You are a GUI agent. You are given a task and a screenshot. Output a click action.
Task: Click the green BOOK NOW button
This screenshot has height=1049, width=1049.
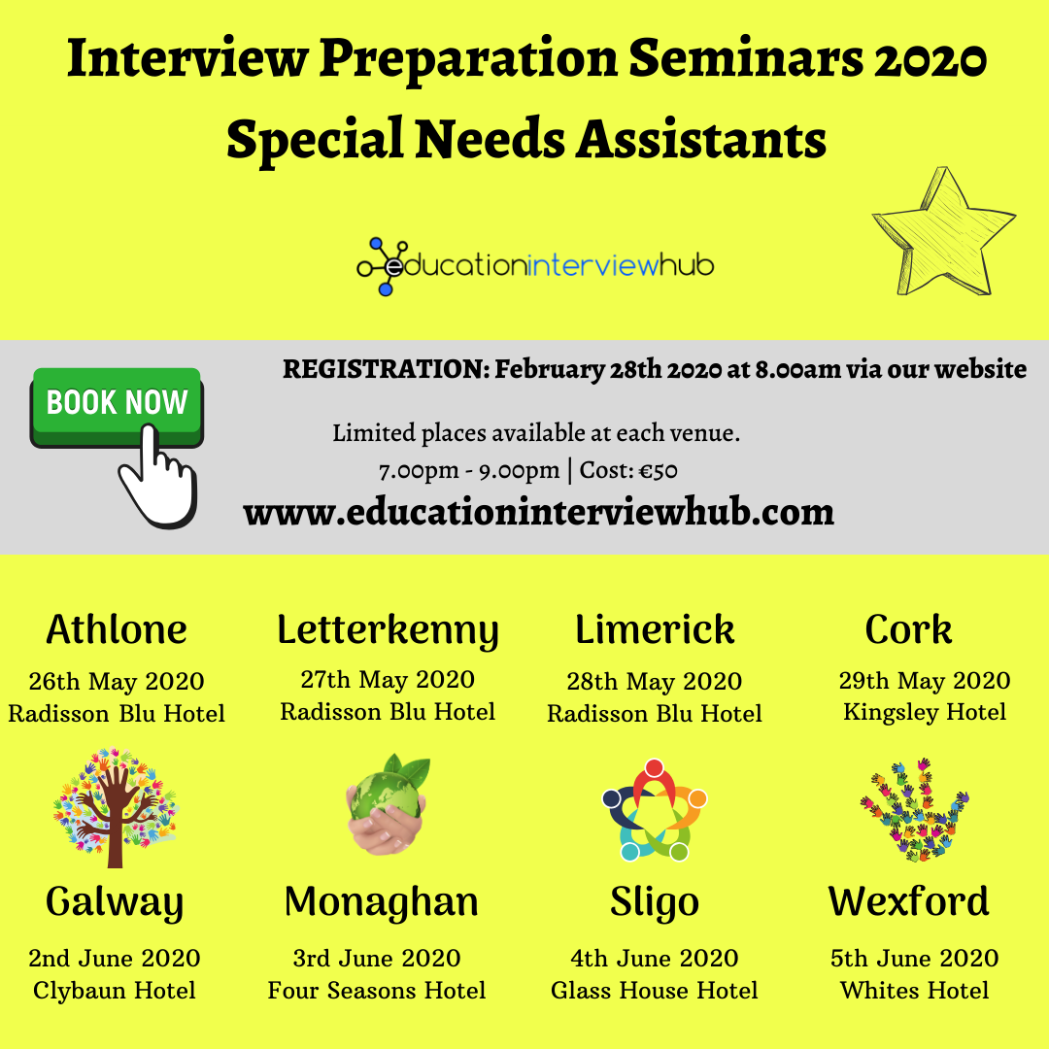pyautogui.click(x=117, y=401)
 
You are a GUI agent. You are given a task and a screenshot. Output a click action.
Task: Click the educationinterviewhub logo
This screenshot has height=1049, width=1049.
pyautogui.click(x=535, y=264)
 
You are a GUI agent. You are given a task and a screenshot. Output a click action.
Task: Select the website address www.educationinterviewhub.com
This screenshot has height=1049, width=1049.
pyautogui.click(x=538, y=511)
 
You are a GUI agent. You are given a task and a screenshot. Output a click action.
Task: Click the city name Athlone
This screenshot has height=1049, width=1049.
pyautogui.click(x=117, y=629)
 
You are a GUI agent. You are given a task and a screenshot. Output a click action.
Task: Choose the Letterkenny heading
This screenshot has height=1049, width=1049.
pyautogui.click(x=388, y=629)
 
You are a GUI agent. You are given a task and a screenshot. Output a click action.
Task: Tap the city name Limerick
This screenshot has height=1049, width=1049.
pyautogui.click(x=655, y=629)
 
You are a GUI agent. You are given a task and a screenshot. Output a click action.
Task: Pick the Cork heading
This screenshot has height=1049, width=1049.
pyautogui.click(x=909, y=629)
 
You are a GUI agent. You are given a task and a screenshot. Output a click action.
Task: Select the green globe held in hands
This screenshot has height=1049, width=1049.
pyautogui.click(x=388, y=803)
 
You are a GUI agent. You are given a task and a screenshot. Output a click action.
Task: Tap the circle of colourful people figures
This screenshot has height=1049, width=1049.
pyautogui.click(x=655, y=810)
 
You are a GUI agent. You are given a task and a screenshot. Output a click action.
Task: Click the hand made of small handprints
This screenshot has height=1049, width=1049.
pyautogui.click(x=914, y=809)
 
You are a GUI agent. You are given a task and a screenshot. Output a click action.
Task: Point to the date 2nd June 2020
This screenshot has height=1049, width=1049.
pyautogui.click(x=115, y=958)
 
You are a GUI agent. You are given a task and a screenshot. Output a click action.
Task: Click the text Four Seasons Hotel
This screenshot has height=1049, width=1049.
pyautogui.click(x=378, y=991)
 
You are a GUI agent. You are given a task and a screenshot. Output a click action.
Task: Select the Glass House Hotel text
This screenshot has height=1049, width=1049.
pyautogui.click(x=655, y=991)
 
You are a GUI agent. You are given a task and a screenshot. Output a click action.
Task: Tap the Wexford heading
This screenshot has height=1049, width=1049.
pyautogui.click(x=909, y=901)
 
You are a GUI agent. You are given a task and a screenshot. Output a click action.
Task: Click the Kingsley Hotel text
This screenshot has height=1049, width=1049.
pyautogui.click(x=925, y=712)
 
